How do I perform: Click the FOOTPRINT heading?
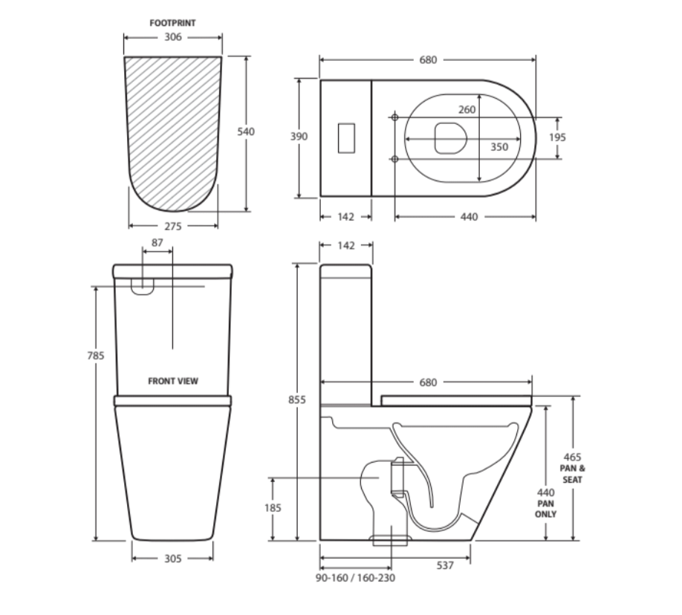(x=172, y=23)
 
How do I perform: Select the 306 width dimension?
(x=172, y=37)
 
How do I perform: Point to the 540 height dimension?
(x=246, y=131)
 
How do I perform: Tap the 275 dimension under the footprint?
(x=172, y=226)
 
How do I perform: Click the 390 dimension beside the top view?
(x=299, y=137)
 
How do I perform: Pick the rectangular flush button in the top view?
(x=346, y=138)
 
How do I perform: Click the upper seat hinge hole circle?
(x=395, y=117)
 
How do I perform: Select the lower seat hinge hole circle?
(x=395, y=159)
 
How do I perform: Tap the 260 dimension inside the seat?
(x=467, y=110)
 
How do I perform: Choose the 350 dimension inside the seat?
(x=499, y=147)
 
